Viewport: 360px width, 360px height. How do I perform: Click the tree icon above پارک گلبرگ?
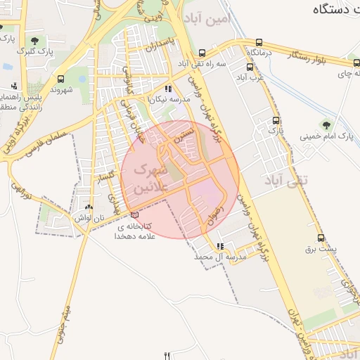[x=35, y=40]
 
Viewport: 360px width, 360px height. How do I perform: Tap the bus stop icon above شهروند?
[x=62, y=79]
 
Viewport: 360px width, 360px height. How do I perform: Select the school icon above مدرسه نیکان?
[x=167, y=89]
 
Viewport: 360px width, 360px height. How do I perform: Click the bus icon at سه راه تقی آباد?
[x=202, y=53]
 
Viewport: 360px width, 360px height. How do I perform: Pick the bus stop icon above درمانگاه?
[x=259, y=42]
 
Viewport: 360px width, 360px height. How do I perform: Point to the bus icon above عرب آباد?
[x=250, y=67]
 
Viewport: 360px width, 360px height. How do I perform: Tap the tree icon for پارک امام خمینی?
[x=324, y=124]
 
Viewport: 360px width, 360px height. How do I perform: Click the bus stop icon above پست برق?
[x=321, y=238]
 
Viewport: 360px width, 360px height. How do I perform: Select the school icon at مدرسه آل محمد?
[x=221, y=247]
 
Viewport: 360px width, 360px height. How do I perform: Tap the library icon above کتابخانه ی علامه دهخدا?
[x=134, y=215]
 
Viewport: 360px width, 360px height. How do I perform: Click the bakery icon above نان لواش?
[x=89, y=207]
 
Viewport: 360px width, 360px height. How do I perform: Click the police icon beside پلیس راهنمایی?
[x=13, y=86]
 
